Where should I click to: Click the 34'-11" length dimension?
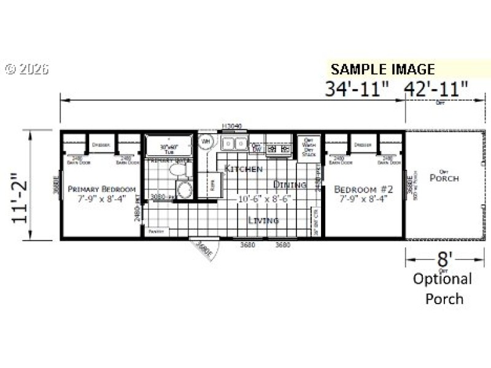click(x=357, y=89)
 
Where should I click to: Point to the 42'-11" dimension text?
click(x=436, y=89)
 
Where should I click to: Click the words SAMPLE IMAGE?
click(x=383, y=69)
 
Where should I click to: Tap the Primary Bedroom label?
click(x=101, y=189)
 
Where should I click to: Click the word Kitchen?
click(x=244, y=169)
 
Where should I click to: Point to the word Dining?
click(x=290, y=184)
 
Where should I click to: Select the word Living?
click(x=263, y=220)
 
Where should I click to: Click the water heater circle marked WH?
click(x=206, y=142)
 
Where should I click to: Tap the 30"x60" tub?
click(x=168, y=148)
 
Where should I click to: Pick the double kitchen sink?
click(x=233, y=145)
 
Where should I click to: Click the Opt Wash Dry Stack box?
click(x=309, y=147)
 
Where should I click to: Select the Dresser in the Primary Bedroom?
click(x=101, y=145)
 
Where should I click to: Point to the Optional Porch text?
click(x=442, y=289)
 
